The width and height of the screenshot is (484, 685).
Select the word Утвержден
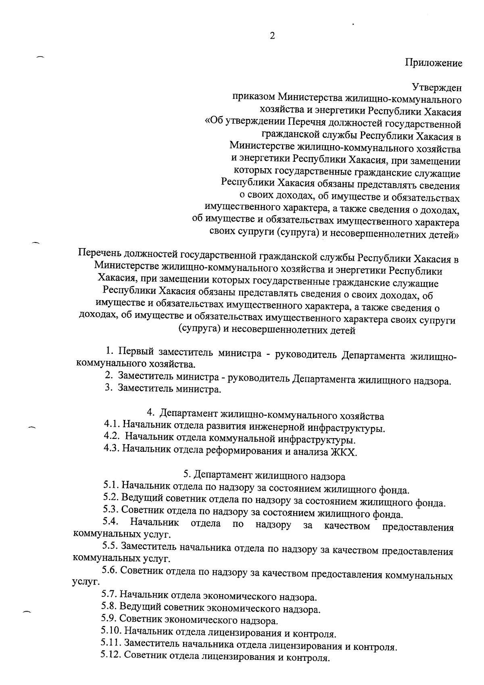(x=436, y=87)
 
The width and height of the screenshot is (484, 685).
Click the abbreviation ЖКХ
(x=344, y=452)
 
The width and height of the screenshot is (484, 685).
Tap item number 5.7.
(x=110, y=595)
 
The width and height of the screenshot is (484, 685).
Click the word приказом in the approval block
(x=253, y=97)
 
